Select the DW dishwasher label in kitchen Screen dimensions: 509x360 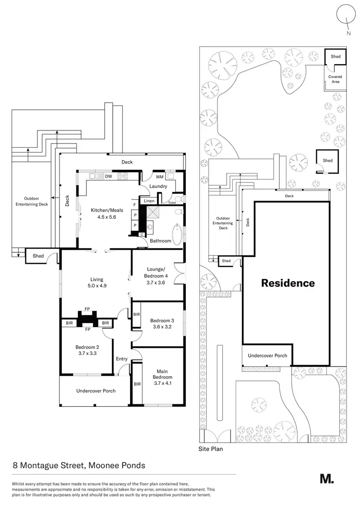(108, 177)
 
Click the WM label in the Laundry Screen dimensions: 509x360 (159, 177)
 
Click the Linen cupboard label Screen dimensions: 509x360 (149, 201)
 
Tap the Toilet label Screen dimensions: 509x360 (172, 203)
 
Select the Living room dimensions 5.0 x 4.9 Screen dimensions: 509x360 (97, 286)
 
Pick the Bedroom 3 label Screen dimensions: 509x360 (161, 323)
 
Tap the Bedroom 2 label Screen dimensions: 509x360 (86, 350)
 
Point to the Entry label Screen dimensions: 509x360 (122, 358)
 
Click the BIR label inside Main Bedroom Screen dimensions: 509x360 (137, 384)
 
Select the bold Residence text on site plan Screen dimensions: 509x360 (288, 283)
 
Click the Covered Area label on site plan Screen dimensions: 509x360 (335, 79)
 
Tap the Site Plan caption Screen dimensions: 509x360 (211, 450)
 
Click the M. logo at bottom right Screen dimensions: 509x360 (327, 478)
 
